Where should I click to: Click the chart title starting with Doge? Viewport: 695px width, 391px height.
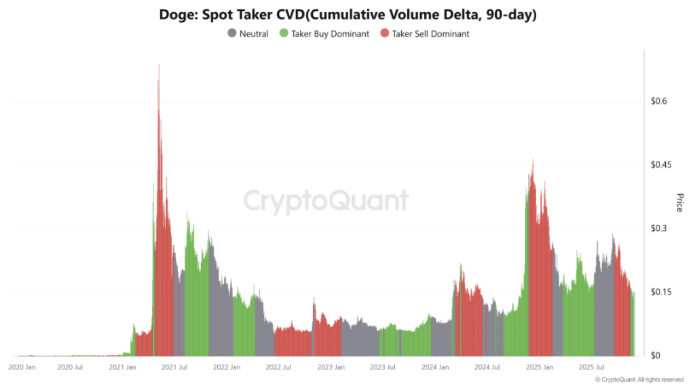(x=347, y=14)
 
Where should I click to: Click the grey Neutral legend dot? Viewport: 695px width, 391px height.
(x=231, y=33)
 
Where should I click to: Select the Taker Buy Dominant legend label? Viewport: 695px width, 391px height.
(x=330, y=33)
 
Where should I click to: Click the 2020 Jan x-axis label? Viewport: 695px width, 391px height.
(x=22, y=367)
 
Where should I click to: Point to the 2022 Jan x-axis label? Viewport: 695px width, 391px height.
(x=227, y=367)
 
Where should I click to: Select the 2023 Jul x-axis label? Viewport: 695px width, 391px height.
(x=382, y=367)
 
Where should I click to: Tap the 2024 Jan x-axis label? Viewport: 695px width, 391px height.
(x=434, y=367)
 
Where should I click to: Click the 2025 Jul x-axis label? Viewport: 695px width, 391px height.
(x=591, y=367)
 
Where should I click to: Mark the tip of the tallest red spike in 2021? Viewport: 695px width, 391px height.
(x=159, y=66)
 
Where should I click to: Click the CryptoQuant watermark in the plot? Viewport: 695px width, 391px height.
(x=326, y=201)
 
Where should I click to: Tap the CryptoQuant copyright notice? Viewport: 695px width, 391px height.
(x=639, y=379)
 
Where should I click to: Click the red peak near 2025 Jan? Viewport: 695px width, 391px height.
(x=533, y=160)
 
